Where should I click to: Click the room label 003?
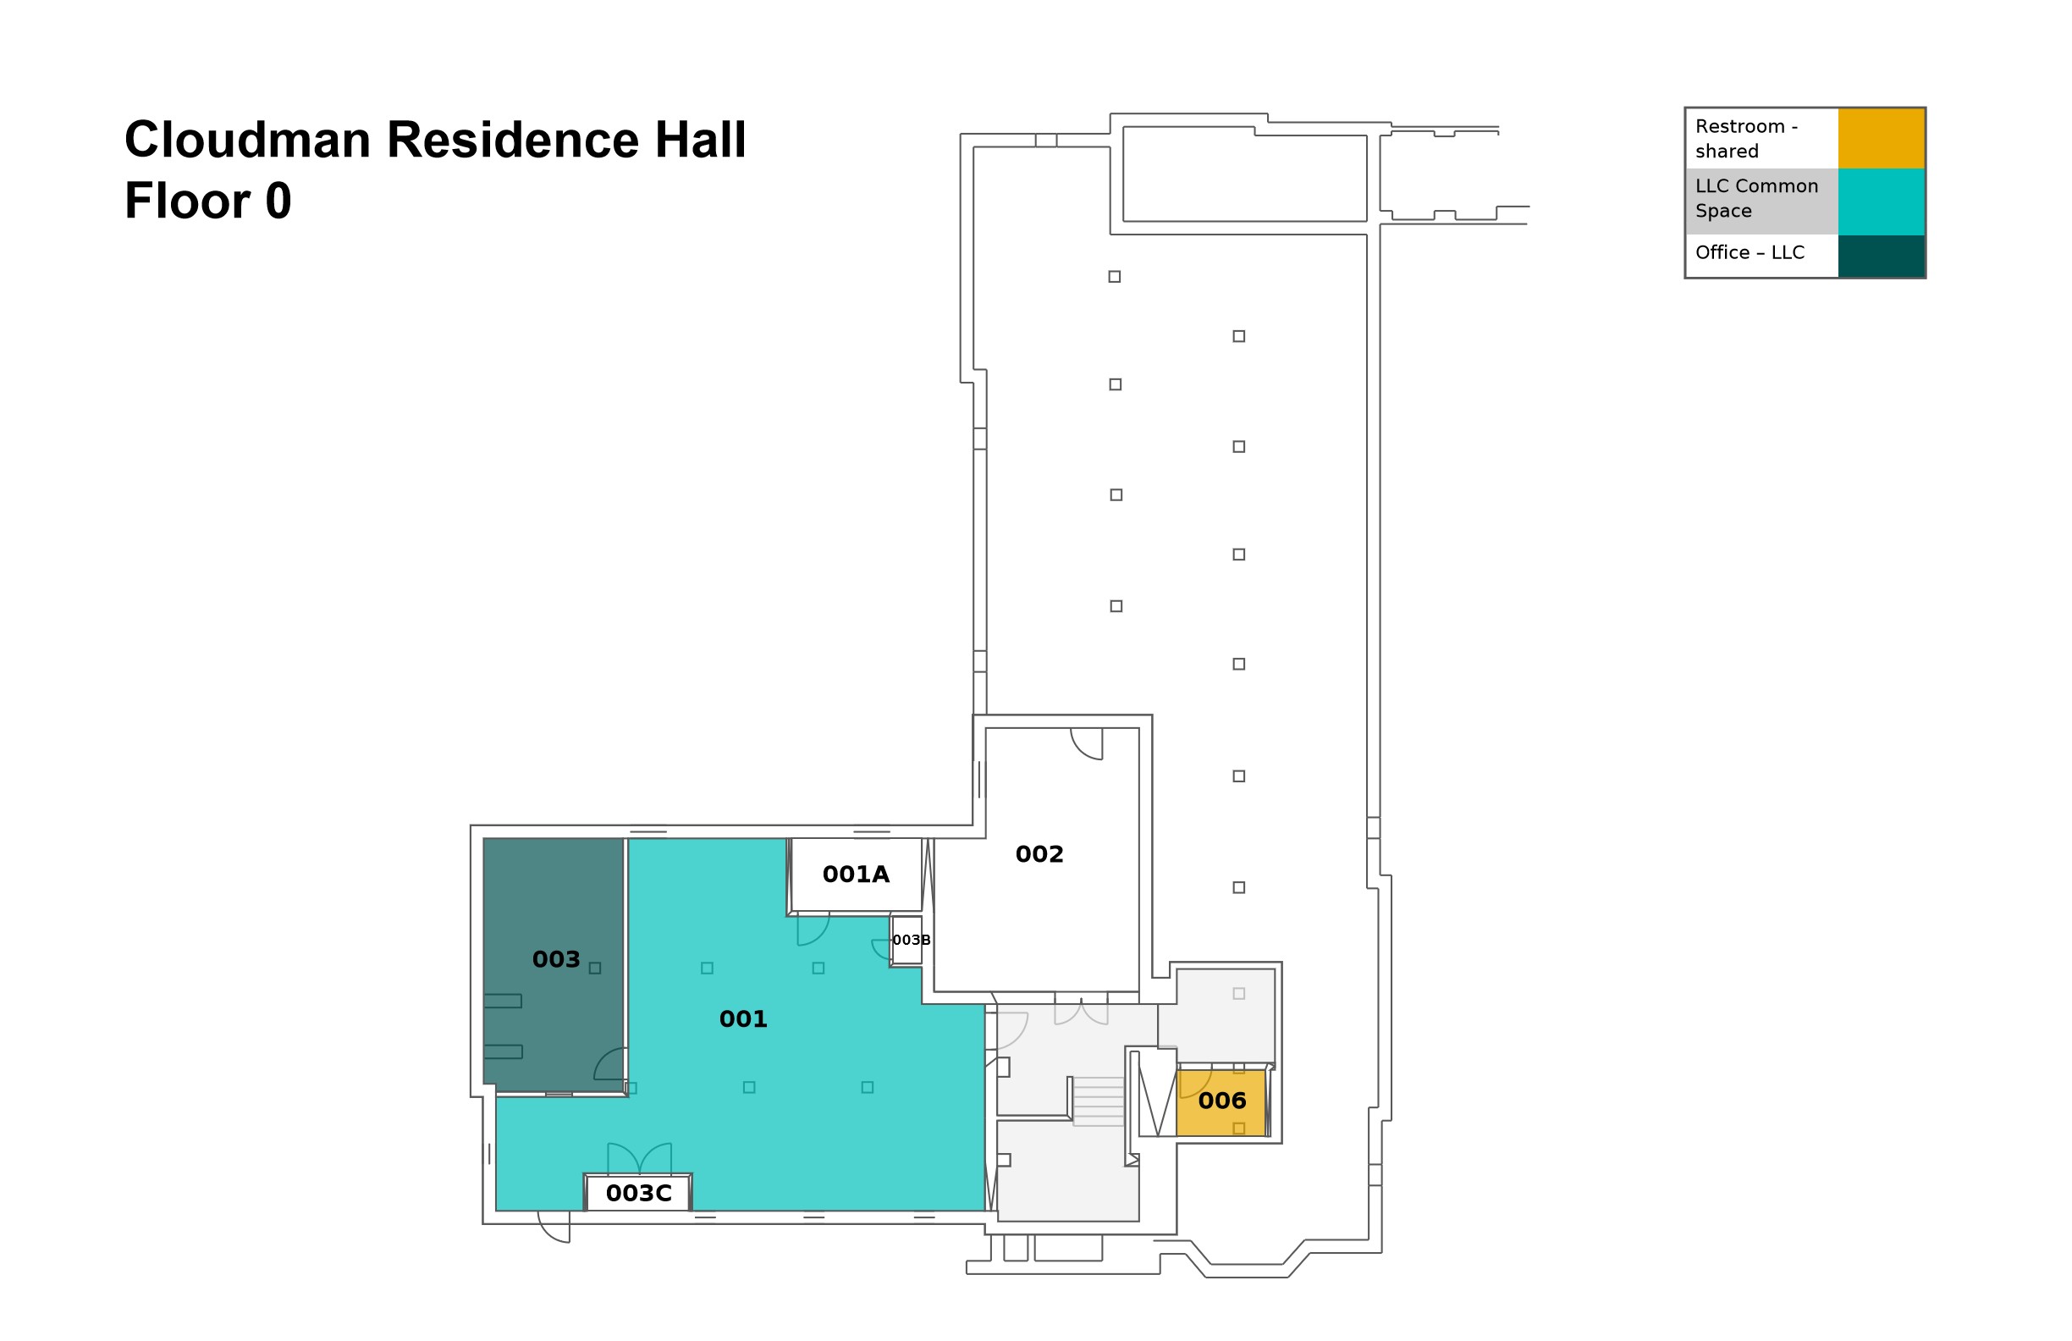[x=555, y=959]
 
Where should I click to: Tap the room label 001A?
[x=856, y=875]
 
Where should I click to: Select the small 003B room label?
[x=911, y=940]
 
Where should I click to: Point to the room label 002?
[x=1039, y=854]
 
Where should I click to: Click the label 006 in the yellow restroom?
[x=1221, y=1101]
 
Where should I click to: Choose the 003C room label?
[x=638, y=1193]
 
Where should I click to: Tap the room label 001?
[x=742, y=1018]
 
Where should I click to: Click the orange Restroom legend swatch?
[x=1881, y=138]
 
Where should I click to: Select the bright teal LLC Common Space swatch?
[x=1881, y=201]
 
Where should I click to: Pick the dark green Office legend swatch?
[x=1881, y=256]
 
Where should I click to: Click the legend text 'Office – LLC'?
[x=1749, y=252]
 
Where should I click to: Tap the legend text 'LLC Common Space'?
[x=1756, y=199]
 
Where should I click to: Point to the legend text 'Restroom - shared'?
[x=1745, y=139]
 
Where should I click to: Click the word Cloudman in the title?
[x=247, y=140]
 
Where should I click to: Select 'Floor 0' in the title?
[x=207, y=201]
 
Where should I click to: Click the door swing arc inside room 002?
[x=1088, y=744]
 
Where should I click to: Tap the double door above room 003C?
[x=639, y=1158]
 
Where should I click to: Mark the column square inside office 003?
[x=595, y=968]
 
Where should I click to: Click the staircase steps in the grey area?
[x=1098, y=1101]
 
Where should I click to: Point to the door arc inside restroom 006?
[x=1194, y=1084]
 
